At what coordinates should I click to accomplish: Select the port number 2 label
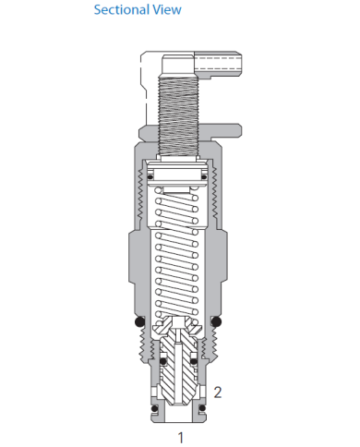[218, 391]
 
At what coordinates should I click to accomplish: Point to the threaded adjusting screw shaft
[180, 111]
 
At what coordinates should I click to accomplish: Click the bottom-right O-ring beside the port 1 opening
[201, 405]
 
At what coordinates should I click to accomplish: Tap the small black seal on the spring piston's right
[207, 178]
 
